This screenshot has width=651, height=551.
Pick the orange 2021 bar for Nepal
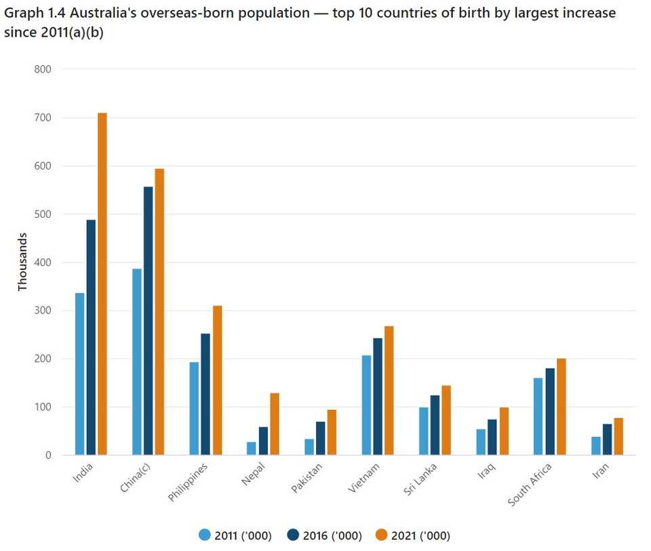[x=274, y=424]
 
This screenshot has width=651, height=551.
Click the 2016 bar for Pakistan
[x=320, y=438]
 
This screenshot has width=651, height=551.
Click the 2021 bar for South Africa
[x=561, y=406]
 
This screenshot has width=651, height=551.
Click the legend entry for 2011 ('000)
[x=235, y=535]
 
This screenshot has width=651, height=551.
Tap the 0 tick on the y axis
[x=47, y=455]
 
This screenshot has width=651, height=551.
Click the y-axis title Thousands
[x=22, y=262]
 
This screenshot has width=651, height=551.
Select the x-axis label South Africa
[x=529, y=485]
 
